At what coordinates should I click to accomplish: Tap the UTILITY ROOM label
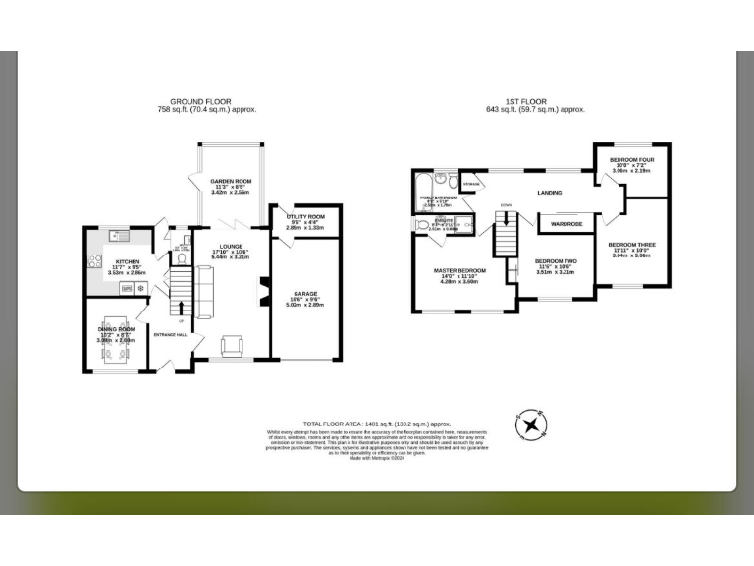pos(296,217)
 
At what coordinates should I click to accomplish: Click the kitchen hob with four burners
pos(96,261)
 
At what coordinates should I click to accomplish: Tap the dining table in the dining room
pos(114,341)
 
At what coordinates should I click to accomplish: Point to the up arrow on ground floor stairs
pos(181,308)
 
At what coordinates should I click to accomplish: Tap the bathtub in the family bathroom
pos(423,184)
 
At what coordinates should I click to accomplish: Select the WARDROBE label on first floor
pos(567,224)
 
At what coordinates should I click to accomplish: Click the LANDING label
pos(549,193)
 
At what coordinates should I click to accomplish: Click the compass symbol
pos(532,424)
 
